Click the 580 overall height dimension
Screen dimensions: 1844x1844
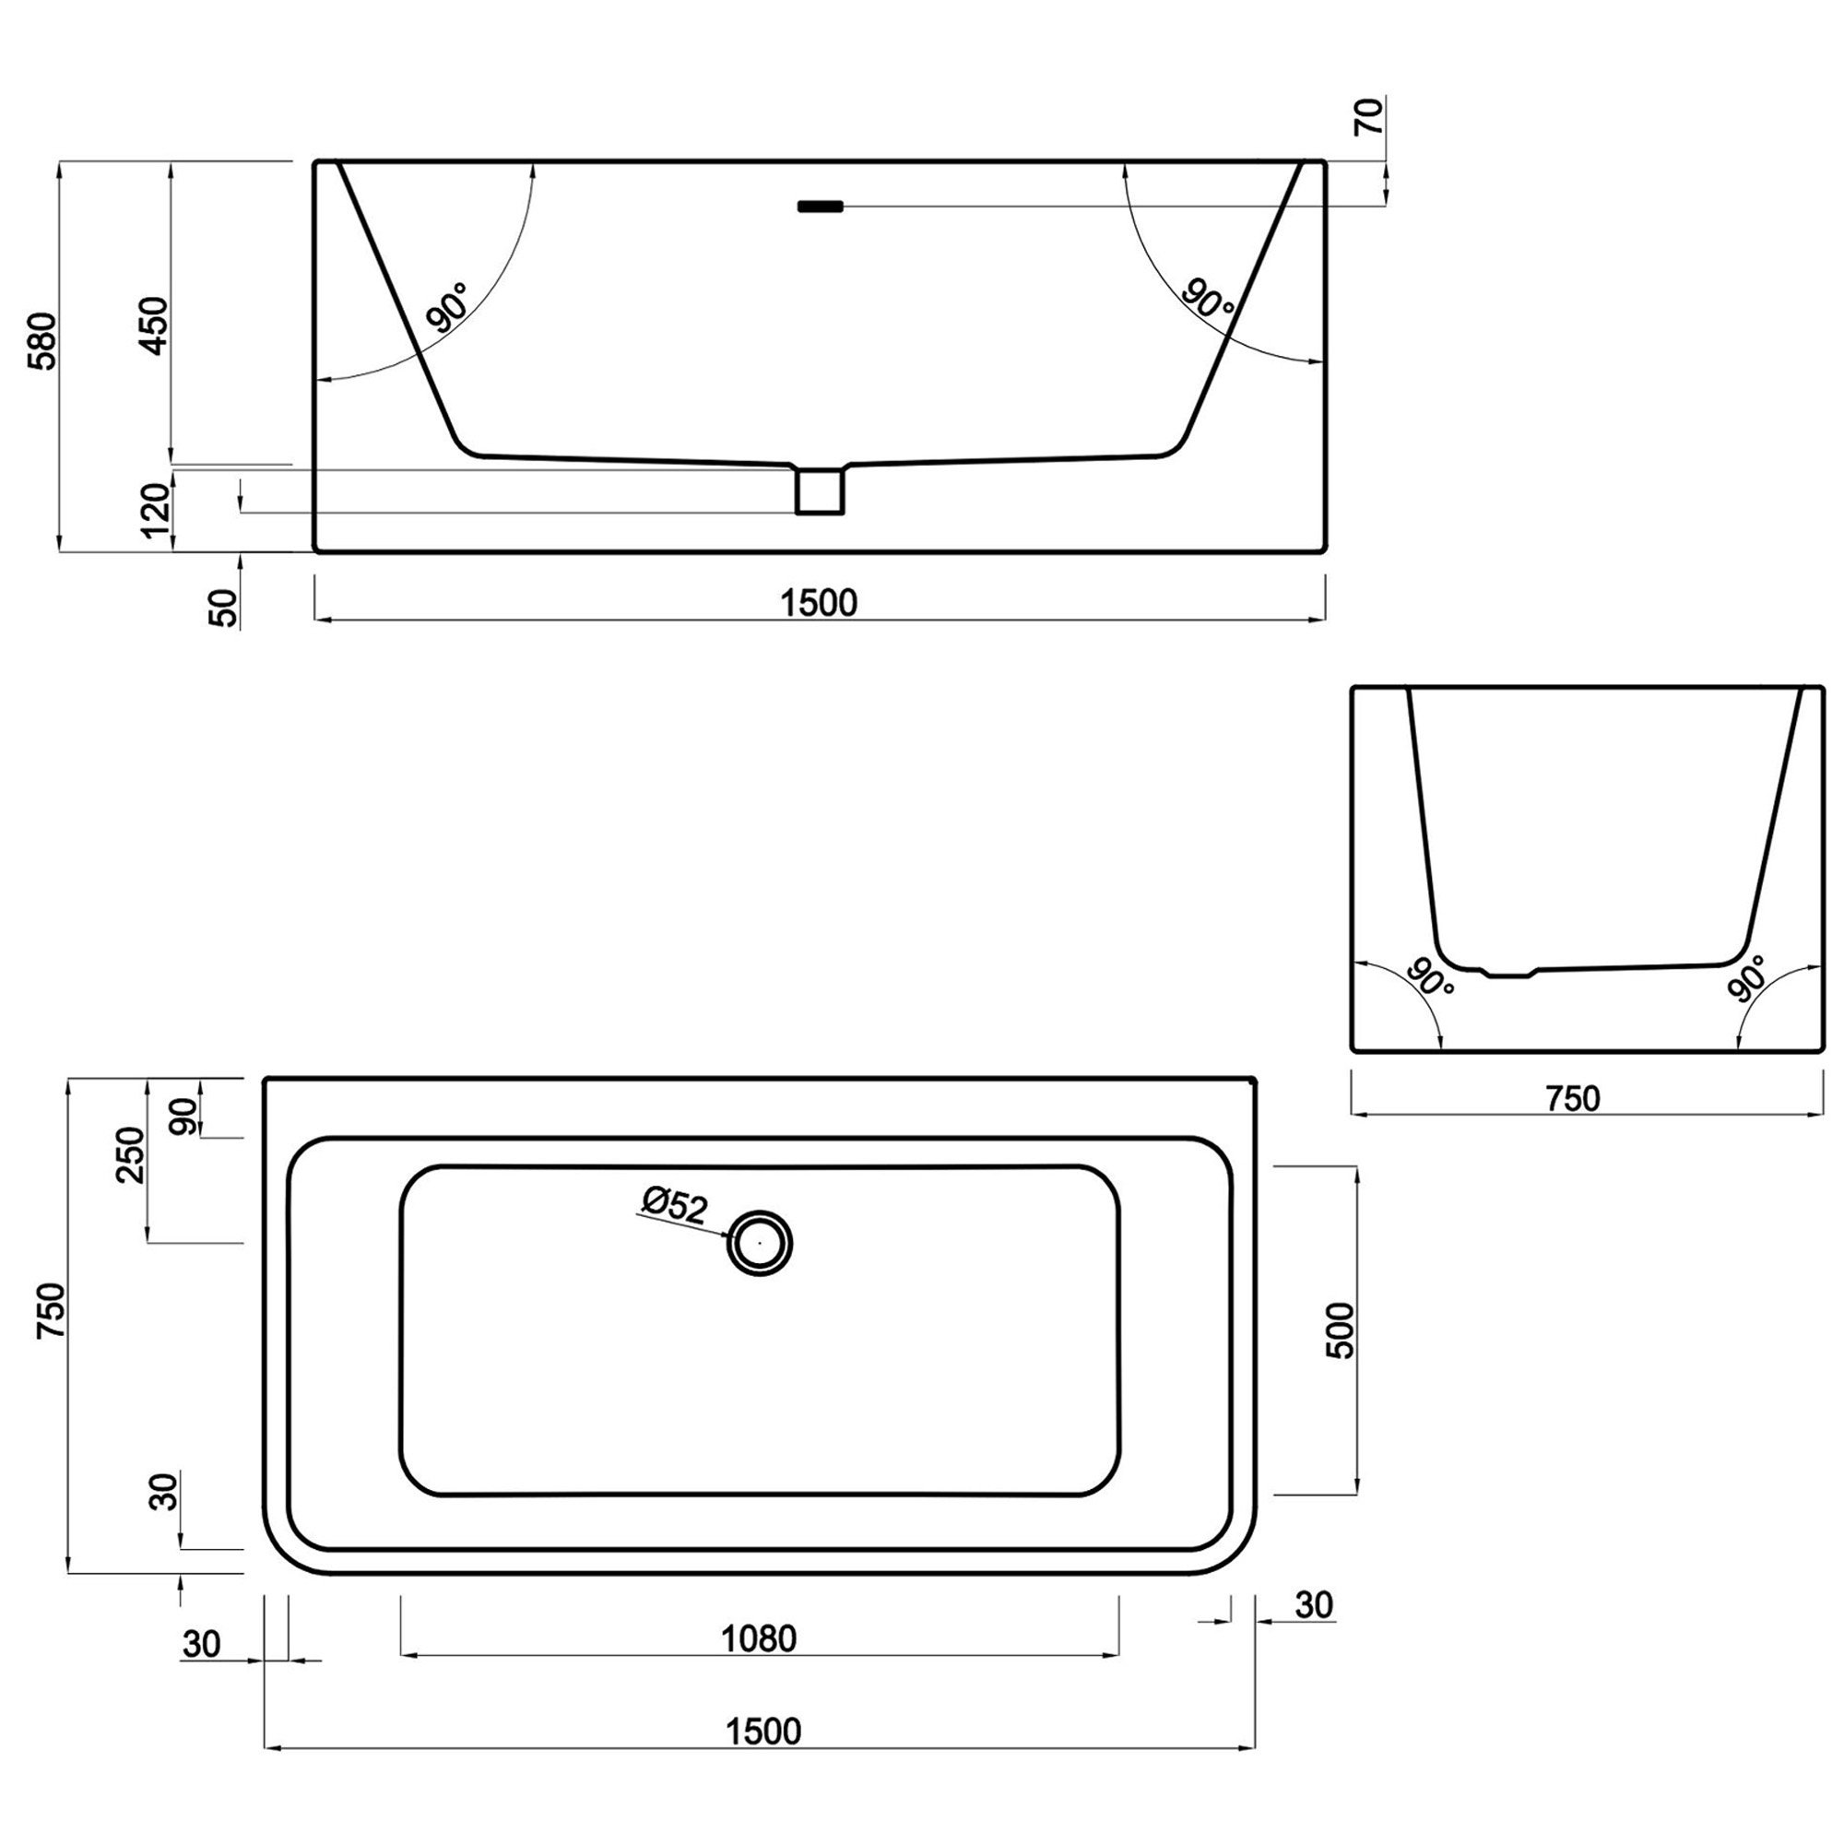pyautogui.click(x=43, y=341)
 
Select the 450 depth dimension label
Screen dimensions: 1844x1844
pyautogui.click(x=154, y=325)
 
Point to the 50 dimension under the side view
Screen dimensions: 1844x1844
pyautogui.click(x=222, y=607)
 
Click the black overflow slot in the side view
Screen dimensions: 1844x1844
pyautogui.click(x=820, y=207)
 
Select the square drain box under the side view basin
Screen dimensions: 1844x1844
pyautogui.click(x=819, y=491)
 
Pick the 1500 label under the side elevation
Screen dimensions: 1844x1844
pyautogui.click(x=818, y=602)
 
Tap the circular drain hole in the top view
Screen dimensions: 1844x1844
pyautogui.click(x=760, y=1243)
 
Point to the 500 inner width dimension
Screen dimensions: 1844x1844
pyautogui.click(x=1340, y=1330)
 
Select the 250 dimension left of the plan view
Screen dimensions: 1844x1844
pyautogui.click(x=131, y=1155)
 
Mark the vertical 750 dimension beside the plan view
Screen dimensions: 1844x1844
pyautogui.click(x=51, y=1310)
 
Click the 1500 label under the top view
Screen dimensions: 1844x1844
pyautogui.click(x=763, y=1731)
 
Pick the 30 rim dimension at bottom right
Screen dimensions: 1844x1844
pyautogui.click(x=1313, y=1605)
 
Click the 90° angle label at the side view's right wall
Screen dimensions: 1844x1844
pyautogui.click(x=1209, y=297)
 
